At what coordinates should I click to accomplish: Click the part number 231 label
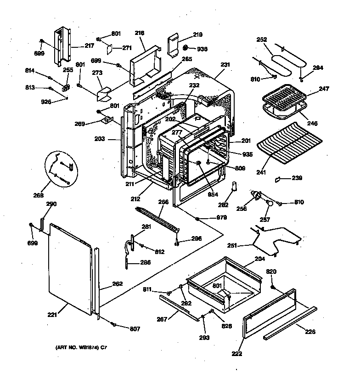[x=225, y=65]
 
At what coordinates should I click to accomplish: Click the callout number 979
[x=221, y=218]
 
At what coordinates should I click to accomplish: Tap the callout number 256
[x=242, y=209]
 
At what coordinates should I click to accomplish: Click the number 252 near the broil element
[x=261, y=40]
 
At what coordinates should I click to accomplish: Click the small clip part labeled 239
[x=278, y=179]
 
